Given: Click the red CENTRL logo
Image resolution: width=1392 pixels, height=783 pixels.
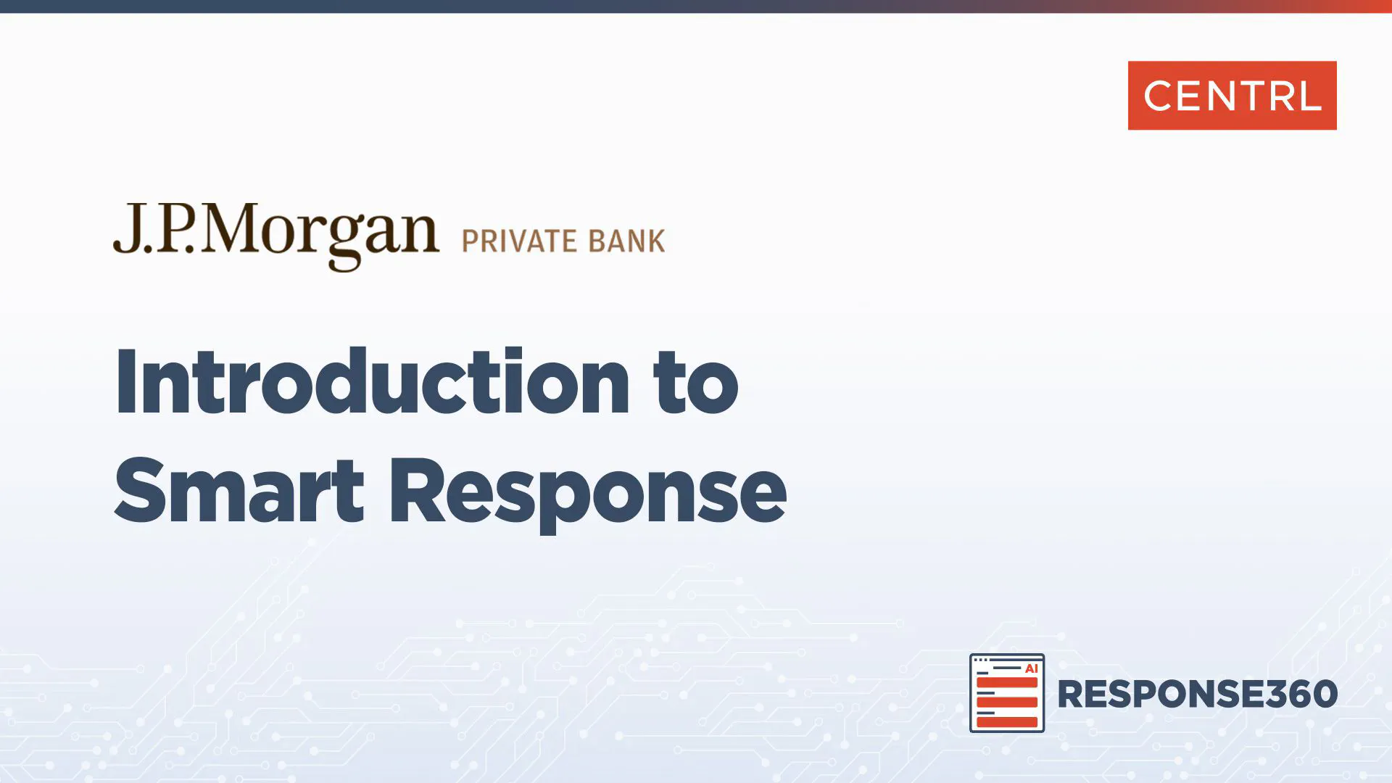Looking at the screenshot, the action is coord(1232,96).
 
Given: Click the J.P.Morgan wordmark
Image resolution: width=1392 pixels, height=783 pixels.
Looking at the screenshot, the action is coord(275,236).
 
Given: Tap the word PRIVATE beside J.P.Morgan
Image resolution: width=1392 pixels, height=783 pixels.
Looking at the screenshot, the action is coord(519,241).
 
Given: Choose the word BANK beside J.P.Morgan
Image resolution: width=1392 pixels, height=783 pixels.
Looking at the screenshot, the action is coord(626,241).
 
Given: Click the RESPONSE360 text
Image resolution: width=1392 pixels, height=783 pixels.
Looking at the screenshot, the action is coord(1198,694).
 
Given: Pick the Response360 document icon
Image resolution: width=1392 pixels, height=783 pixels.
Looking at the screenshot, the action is coord(1007,693).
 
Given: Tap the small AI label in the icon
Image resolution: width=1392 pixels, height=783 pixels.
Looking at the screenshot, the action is coord(1031,668).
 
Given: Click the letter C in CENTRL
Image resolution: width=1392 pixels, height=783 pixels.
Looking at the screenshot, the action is coord(1160,96).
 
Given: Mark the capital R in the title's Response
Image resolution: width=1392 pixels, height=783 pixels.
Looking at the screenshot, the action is coord(417,490).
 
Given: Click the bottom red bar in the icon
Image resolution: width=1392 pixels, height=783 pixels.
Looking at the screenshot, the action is coord(1007,721).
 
